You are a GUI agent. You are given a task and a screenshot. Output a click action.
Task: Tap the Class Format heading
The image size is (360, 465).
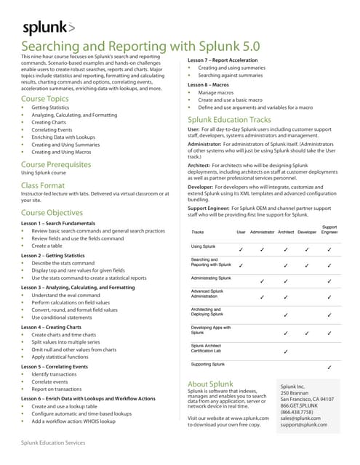[43, 186]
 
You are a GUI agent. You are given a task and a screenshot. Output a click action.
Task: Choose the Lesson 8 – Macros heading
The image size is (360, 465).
[210, 85]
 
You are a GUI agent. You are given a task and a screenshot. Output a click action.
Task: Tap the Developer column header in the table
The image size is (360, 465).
[307, 232]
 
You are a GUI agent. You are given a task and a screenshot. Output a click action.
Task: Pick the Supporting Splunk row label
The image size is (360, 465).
[209, 363]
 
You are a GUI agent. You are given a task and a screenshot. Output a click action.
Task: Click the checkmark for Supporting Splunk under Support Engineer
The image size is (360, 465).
[329, 368]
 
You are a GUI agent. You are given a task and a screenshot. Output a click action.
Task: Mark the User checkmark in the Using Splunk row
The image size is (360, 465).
[241, 249]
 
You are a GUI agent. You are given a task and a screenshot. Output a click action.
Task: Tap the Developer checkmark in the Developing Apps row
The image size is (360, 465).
[307, 333]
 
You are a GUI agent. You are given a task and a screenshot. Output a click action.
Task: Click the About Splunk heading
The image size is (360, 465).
[210, 384]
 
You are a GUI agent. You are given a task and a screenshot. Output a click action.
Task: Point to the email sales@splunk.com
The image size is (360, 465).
[300, 418]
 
